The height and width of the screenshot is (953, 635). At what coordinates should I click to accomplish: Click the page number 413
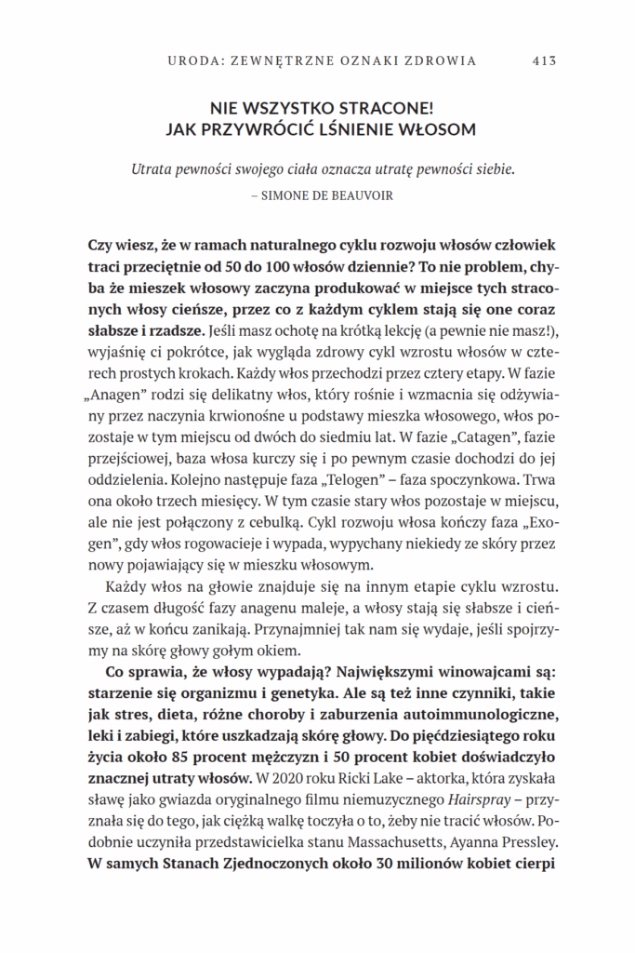[x=544, y=61]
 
